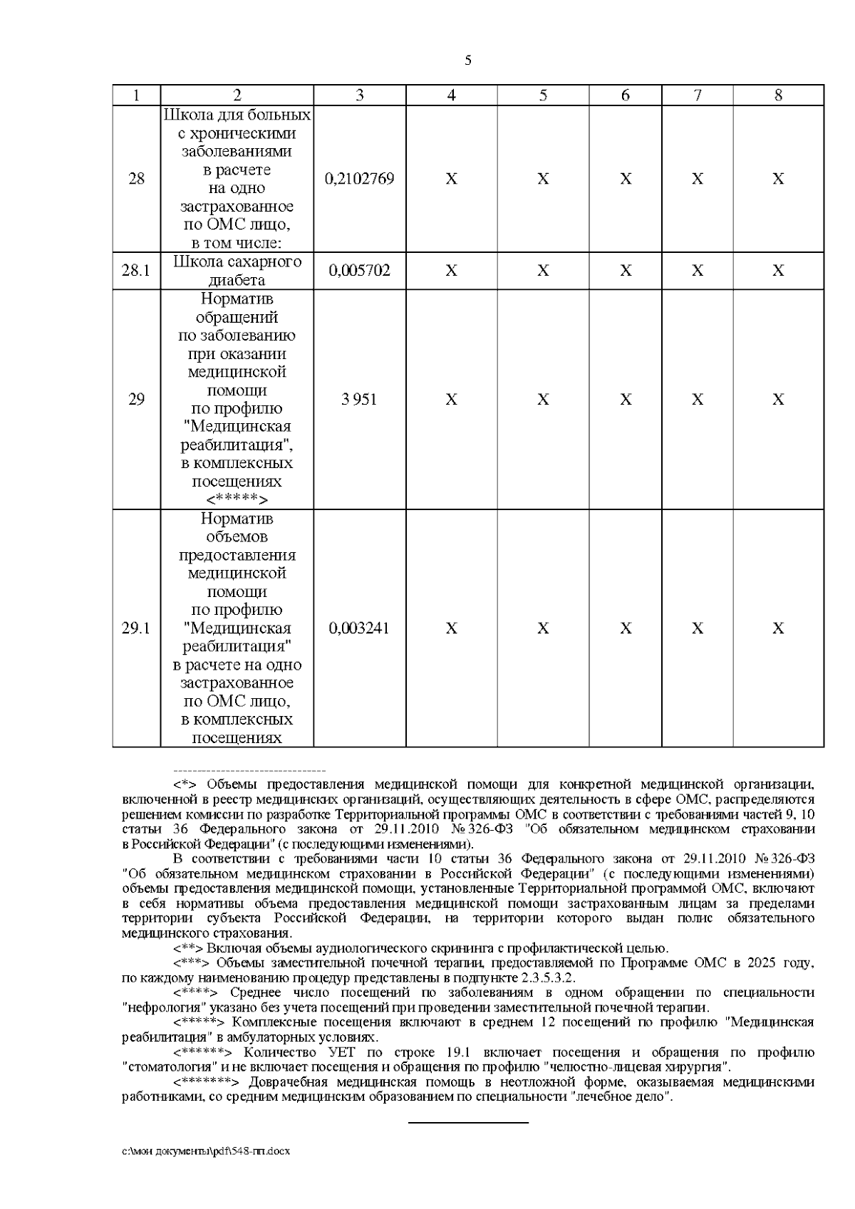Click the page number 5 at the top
pos(468,61)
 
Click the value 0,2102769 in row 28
pos(359,179)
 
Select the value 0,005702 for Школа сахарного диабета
pos(359,271)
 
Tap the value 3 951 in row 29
pos(359,400)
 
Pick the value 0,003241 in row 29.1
pos(359,628)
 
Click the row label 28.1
pos(136,271)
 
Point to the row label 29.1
pos(136,628)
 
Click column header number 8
pos(778,95)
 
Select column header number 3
pos(359,95)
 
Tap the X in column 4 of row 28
pos(451,179)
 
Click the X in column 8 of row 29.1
pos(778,628)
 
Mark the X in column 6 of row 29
pos(625,400)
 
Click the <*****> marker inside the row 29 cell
pos(237,499)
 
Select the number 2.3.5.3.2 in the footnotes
pos(547,977)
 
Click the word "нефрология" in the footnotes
pos(158,1007)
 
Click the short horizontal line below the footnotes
pos(468,1123)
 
